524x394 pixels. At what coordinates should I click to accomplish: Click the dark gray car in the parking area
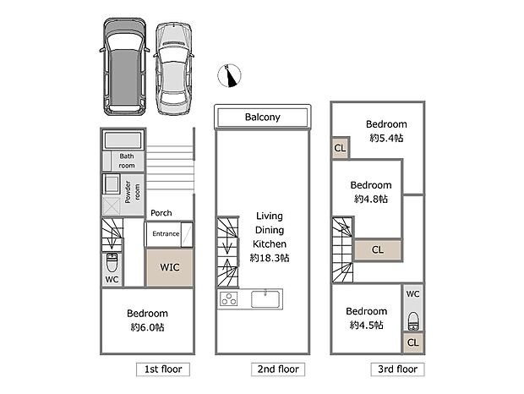click(123, 68)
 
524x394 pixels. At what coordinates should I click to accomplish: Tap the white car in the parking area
click(175, 68)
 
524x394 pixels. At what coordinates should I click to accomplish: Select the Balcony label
click(263, 118)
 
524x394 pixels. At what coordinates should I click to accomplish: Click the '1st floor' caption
click(162, 369)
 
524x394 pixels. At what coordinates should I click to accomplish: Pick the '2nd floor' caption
click(277, 369)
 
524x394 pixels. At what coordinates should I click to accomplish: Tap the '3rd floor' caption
click(396, 369)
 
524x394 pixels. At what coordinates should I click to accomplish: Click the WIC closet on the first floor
click(168, 266)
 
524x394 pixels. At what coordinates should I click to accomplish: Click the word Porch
click(161, 213)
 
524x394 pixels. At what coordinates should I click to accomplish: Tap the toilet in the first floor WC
click(112, 260)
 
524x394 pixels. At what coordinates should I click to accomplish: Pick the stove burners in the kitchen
click(230, 299)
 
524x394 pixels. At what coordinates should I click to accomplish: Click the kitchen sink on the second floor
click(266, 298)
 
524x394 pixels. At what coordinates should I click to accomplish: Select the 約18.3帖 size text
click(270, 258)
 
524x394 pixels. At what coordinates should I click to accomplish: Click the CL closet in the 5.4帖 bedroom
click(339, 149)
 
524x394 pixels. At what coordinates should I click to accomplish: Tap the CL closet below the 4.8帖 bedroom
click(377, 249)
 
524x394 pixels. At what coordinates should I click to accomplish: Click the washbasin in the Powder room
click(112, 184)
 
